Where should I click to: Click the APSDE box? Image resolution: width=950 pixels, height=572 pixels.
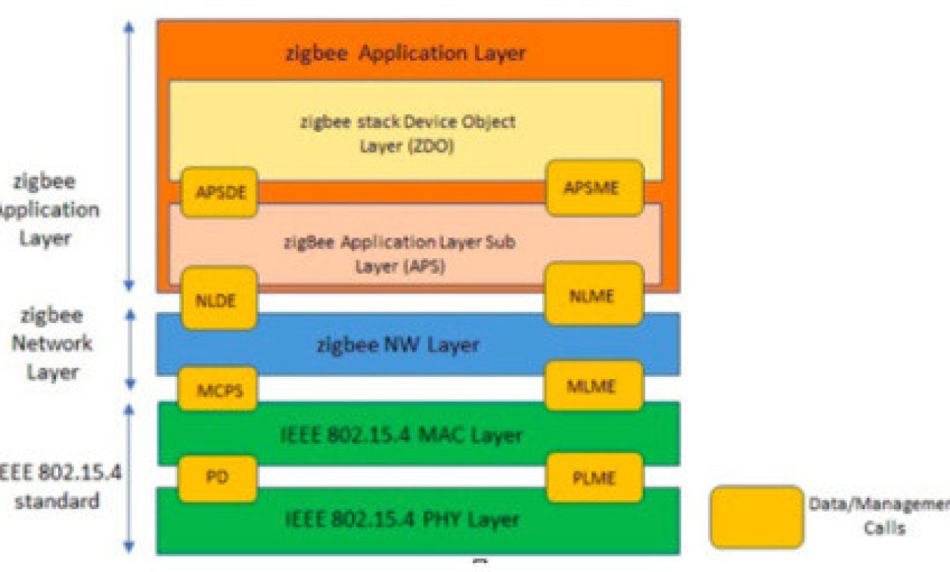click(x=219, y=192)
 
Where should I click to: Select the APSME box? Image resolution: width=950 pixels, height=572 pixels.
click(x=595, y=188)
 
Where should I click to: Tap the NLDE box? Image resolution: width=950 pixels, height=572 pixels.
click(x=218, y=299)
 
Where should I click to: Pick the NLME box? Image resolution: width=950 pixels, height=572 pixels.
click(x=595, y=294)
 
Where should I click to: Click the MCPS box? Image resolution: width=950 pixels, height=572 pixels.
click(x=218, y=389)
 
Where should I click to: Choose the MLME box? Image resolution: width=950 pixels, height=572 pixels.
click(x=595, y=386)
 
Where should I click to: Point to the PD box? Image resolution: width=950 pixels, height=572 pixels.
click(x=218, y=478)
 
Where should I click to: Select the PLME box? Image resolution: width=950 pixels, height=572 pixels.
click(x=595, y=477)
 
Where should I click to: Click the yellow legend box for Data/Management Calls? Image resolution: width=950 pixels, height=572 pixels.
click(x=756, y=517)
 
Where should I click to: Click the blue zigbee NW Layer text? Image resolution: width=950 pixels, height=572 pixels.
click(x=398, y=345)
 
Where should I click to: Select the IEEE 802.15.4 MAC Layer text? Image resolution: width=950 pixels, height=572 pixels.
click(x=402, y=435)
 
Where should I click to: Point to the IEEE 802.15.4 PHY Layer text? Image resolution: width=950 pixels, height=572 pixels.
click(x=402, y=520)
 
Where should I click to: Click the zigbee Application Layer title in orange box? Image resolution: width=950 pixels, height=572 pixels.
click(x=405, y=54)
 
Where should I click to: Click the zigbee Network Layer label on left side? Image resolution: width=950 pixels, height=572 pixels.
click(x=52, y=344)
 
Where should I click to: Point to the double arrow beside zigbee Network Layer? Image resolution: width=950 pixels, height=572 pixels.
click(x=129, y=348)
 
